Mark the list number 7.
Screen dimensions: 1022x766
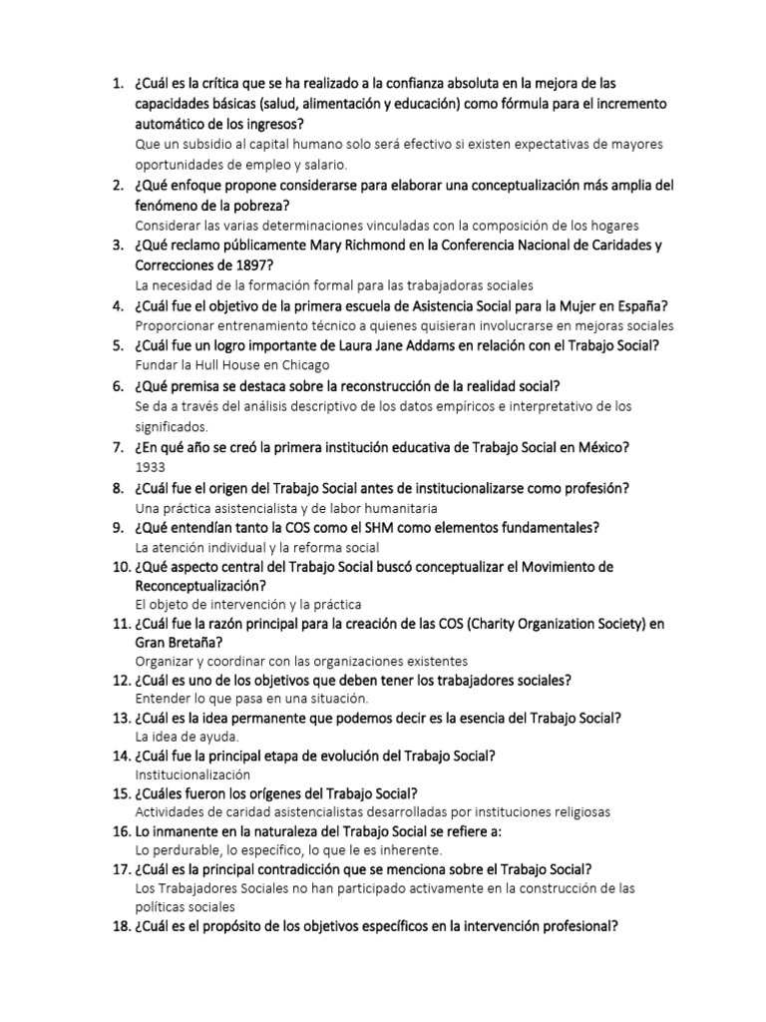[x=118, y=447]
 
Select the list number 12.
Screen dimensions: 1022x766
[x=116, y=681]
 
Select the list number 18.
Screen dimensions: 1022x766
[x=116, y=925]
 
